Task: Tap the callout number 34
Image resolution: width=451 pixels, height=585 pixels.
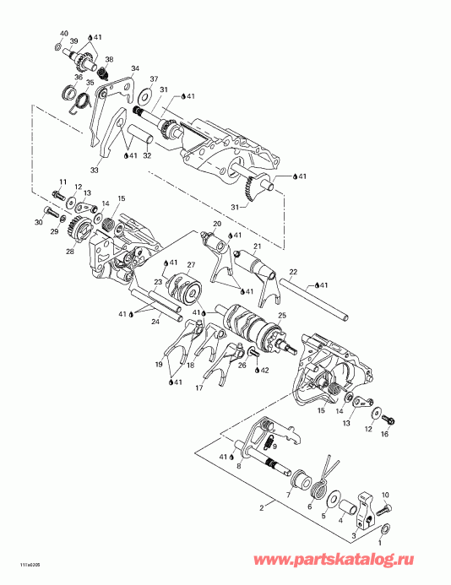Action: [x=134, y=68]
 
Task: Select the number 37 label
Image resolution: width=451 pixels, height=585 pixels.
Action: [x=153, y=79]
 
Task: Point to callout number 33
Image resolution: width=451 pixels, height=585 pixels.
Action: [x=94, y=170]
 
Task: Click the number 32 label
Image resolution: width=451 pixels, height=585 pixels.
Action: [x=147, y=155]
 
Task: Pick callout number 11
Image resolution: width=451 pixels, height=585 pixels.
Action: [x=62, y=181]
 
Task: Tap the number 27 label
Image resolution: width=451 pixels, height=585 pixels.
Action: [x=191, y=265]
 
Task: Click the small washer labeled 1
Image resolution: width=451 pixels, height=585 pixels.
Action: [x=385, y=528]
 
